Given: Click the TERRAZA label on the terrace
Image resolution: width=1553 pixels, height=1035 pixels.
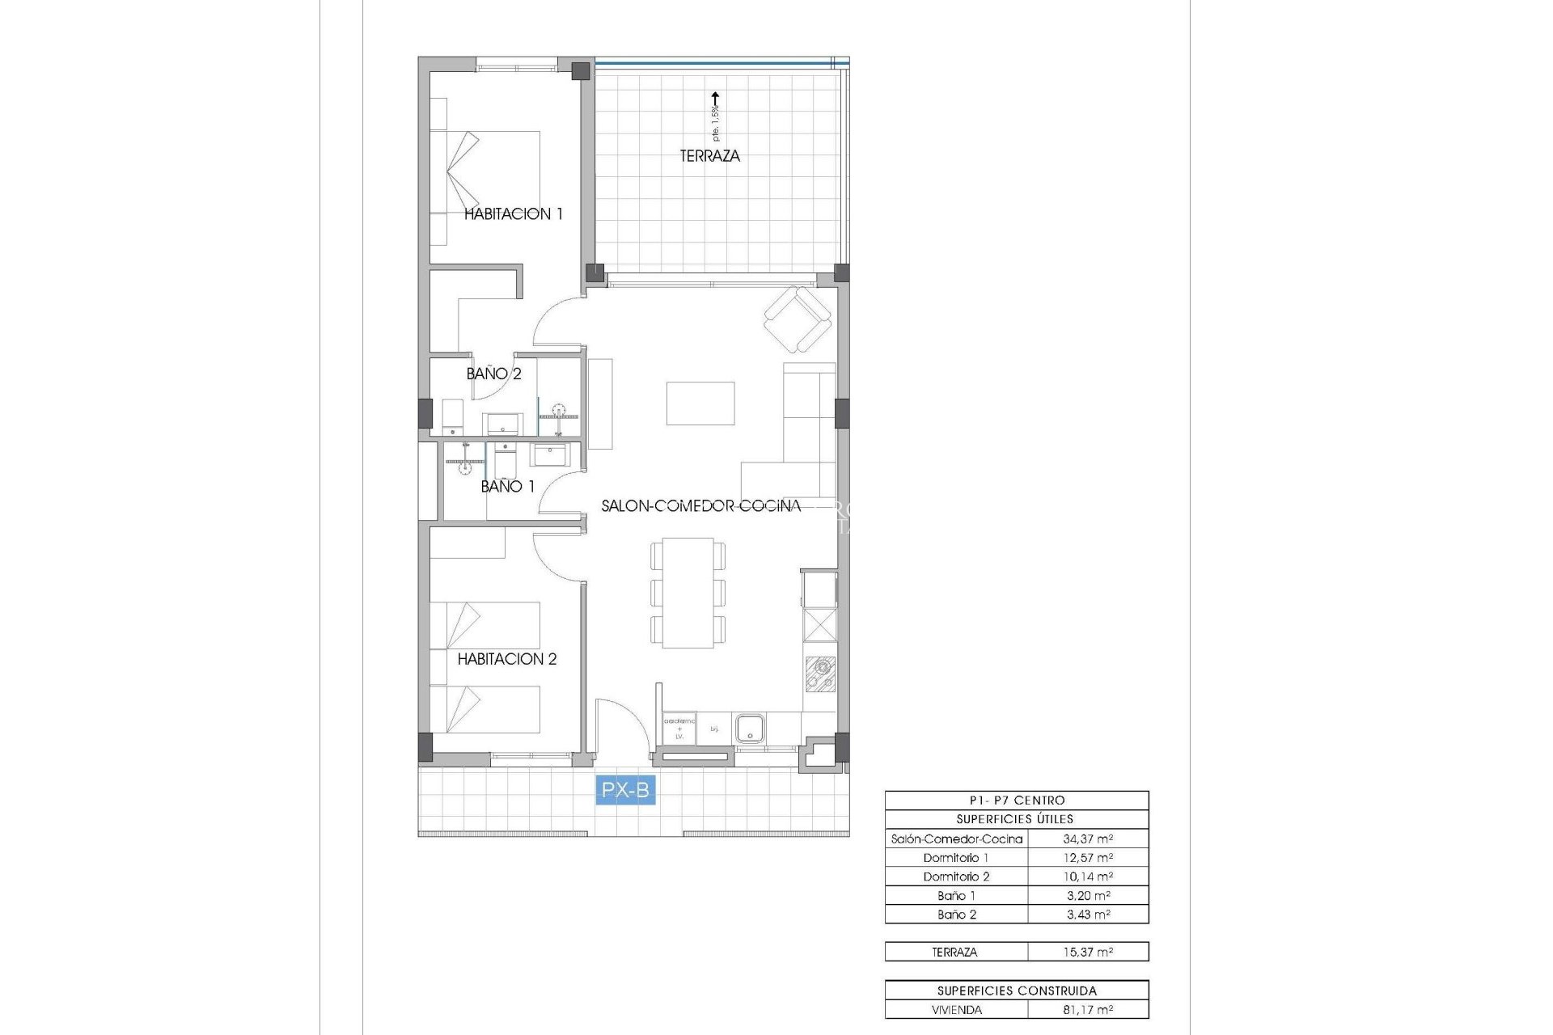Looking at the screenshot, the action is tap(709, 156).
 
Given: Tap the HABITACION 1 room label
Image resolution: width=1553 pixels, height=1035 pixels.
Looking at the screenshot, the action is tap(513, 214).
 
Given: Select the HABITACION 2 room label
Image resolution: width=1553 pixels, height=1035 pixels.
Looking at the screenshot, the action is tap(507, 659).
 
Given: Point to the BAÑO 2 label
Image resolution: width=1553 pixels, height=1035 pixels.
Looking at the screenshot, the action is tap(493, 374).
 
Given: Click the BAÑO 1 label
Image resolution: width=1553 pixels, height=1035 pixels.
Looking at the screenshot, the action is tap(507, 487).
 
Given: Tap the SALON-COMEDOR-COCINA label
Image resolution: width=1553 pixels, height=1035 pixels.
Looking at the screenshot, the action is tap(700, 506).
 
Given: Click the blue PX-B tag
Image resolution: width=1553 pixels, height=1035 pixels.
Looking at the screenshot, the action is tap(625, 790).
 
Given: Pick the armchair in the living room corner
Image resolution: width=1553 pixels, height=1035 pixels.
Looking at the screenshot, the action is tap(798, 320).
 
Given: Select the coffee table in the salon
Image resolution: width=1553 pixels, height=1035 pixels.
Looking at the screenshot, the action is tap(700, 403).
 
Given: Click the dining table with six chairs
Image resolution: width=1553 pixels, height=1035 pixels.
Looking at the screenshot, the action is tap(688, 593).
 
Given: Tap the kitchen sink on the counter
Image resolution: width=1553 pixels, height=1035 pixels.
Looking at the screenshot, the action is tap(750, 728).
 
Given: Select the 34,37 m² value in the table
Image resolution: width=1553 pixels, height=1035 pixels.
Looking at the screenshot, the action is tap(1087, 839).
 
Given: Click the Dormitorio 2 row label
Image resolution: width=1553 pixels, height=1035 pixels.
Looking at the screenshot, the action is tap(956, 877).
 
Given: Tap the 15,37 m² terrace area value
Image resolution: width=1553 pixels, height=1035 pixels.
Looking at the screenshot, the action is tap(1087, 953).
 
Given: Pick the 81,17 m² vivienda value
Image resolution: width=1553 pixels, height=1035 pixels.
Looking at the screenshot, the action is tap(1087, 1010).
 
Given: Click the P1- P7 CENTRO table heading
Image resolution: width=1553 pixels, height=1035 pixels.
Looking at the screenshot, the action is tap(1017, 801).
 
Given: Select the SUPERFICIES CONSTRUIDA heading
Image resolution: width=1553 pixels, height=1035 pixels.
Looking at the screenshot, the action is tap(1017, 991).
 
